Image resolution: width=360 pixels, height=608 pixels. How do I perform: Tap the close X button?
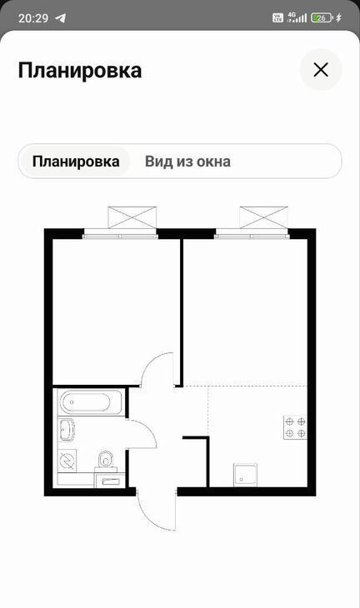point(321,70)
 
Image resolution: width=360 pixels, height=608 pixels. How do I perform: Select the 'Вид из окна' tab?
point(187,162)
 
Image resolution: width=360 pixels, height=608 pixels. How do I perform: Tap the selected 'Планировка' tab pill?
point(76,162)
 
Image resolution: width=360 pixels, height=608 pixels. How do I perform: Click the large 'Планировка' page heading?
point(80,70)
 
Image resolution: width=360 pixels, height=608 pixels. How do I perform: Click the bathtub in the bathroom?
point(91,402)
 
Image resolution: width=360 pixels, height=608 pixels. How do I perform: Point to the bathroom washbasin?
point(66,429)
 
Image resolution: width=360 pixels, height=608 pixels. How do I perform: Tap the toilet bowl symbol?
point(105,460)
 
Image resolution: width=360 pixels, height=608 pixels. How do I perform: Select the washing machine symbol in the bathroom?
point(67,461)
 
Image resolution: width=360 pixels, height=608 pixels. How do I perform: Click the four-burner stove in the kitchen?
point(296,427)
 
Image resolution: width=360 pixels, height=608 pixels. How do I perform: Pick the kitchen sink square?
point(245,475)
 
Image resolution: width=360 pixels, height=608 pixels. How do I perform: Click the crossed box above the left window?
point(132,217)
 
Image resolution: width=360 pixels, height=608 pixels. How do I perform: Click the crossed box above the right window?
point(264,217)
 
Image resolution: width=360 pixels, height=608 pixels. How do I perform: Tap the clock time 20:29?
point(33,17)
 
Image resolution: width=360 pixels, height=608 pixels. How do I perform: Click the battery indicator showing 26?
point(322,17)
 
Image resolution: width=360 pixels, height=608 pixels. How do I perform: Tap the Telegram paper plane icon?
point(61,17)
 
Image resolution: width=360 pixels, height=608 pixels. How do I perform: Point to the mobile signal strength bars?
point(297,17)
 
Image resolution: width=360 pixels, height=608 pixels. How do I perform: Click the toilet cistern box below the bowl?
point(110,480)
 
